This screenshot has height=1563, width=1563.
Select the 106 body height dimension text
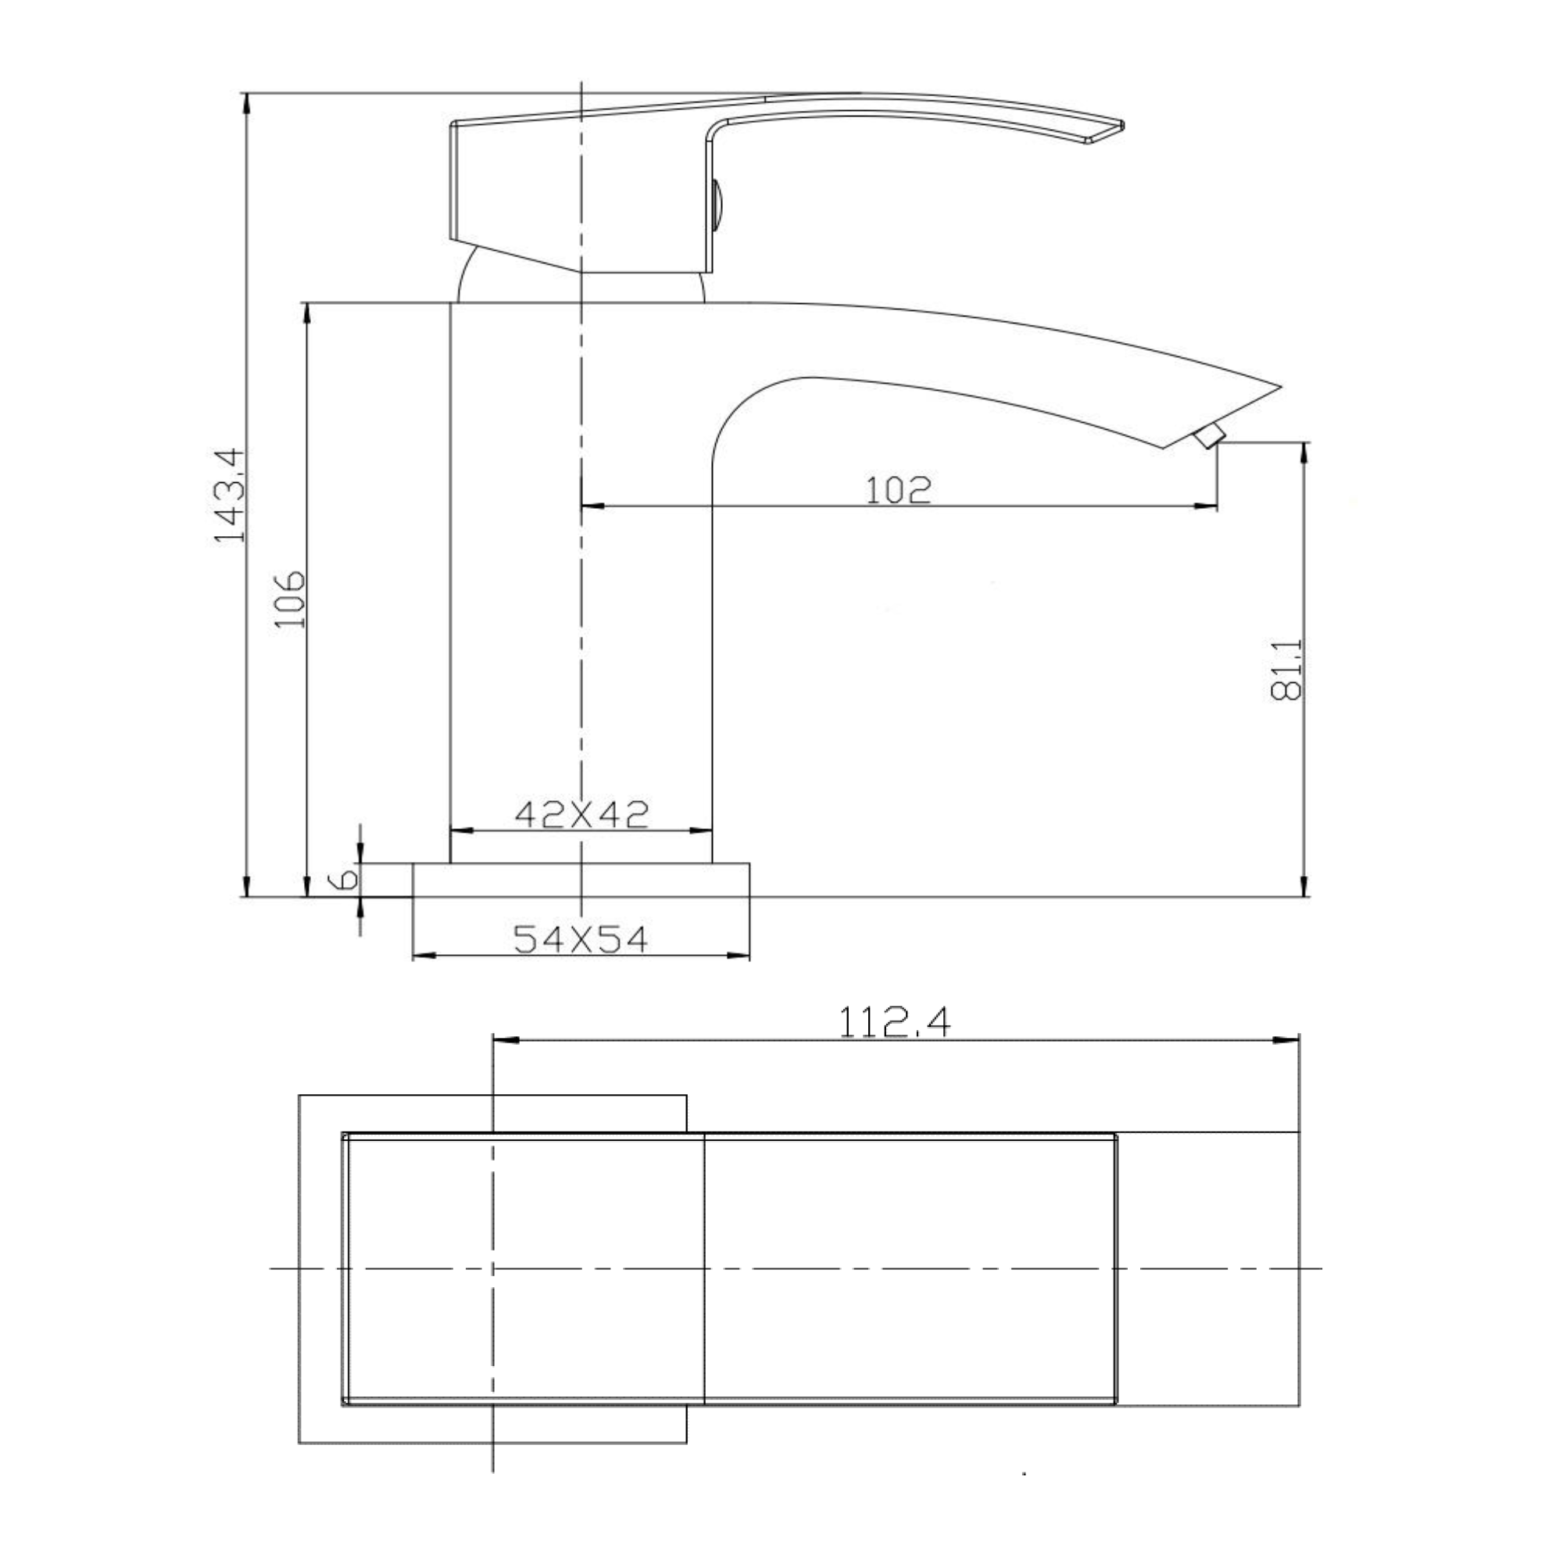289,599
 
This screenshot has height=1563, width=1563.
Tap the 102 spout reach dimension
898,489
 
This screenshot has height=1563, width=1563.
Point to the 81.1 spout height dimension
1286,669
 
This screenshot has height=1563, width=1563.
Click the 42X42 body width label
581,814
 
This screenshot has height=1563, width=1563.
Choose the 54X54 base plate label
581,939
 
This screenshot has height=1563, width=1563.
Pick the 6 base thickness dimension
346,879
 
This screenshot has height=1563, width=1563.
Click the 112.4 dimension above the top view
894,1022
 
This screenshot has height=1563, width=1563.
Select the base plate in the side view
581,880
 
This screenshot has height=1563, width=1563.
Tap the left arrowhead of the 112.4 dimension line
503,1040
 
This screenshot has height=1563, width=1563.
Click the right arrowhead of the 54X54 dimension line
740,957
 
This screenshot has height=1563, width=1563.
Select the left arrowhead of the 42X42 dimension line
460,830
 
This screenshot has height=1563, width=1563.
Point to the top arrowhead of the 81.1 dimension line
1304,452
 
